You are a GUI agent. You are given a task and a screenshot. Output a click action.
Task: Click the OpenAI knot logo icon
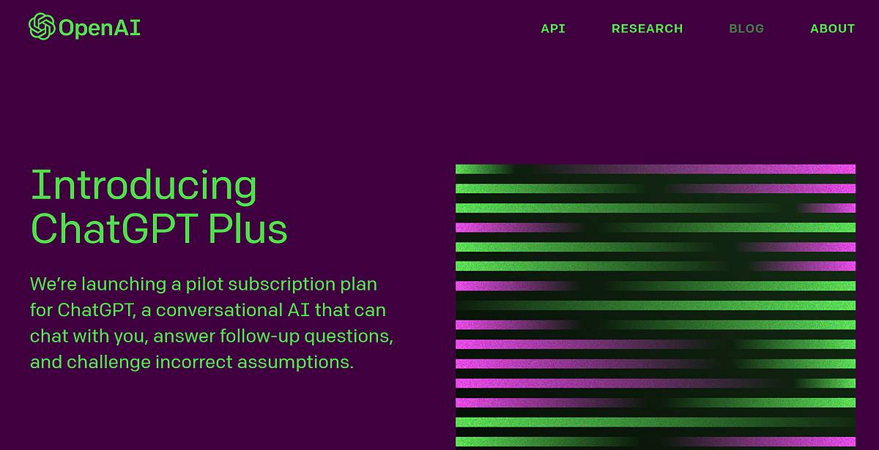click(42, 26)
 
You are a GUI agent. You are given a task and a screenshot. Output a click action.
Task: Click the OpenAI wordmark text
click(100, 29)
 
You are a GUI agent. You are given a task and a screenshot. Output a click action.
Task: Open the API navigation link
click(553, 29)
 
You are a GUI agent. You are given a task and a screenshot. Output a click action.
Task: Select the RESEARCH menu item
click(647, 29)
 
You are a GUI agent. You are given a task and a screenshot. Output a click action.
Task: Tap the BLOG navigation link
click(746, 29)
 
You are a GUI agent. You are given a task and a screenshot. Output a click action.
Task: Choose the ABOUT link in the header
click(832, 29)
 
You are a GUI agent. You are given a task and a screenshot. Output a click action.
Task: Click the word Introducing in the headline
click(144, 186)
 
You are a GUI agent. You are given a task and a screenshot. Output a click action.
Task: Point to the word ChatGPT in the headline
click(114, 229)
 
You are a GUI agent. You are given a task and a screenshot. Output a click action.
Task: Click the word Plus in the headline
click(248, 229)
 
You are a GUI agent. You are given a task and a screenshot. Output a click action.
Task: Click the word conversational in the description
click(219, 310)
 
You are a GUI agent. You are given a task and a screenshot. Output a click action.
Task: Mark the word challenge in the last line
click(108, 363)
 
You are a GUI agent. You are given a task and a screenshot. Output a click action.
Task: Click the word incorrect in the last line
click(194, 361)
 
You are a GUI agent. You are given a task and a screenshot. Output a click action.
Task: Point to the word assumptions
click(295, 363)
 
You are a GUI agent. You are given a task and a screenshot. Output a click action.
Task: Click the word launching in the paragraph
click(124, 285)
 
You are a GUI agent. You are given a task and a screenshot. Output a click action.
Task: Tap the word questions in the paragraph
click(349, 337)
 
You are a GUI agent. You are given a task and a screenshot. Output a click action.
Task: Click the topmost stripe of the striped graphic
click(656, 169)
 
